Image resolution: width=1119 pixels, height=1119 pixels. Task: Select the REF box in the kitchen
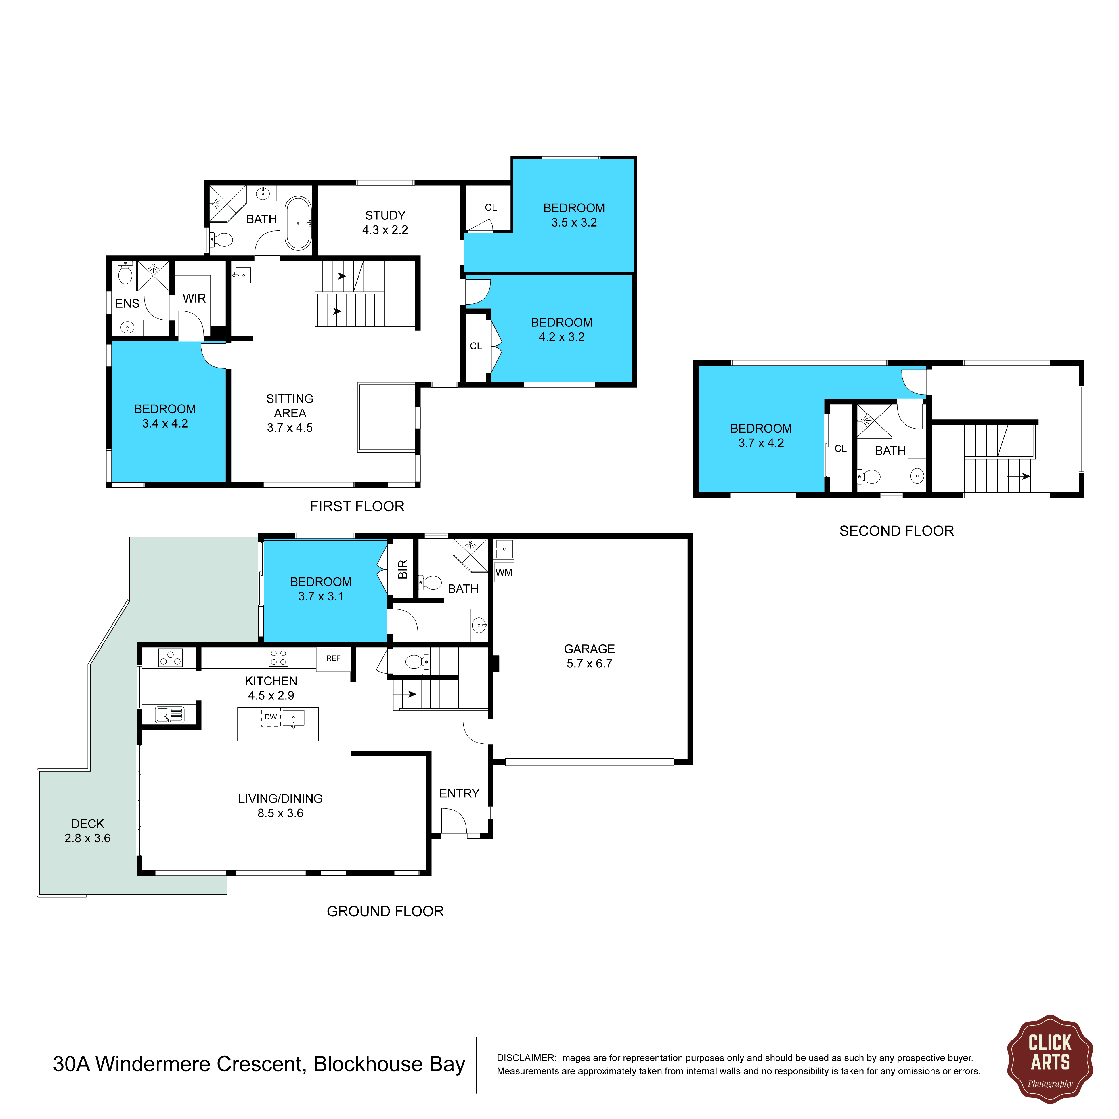coord(333,659)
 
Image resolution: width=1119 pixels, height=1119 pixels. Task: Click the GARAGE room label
coord(589,649)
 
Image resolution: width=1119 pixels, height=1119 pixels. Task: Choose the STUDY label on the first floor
coord(385,215)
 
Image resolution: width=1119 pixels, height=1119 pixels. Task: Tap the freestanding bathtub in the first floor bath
coord(298,223)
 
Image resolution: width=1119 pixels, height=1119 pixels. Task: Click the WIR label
coord(194,298)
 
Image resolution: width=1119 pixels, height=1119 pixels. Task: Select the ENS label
coord(127,303)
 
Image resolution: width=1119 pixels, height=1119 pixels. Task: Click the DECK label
coord(87,824)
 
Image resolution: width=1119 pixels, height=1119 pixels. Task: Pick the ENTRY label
coord(459,793)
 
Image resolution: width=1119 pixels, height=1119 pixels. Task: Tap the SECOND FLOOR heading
coord(897,531)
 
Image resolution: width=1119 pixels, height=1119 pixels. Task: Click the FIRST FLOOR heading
coord(357,506)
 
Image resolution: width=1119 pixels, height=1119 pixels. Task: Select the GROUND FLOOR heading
coord(385,911)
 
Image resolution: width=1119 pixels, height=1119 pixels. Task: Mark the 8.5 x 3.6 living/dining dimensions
coord(280,813)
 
